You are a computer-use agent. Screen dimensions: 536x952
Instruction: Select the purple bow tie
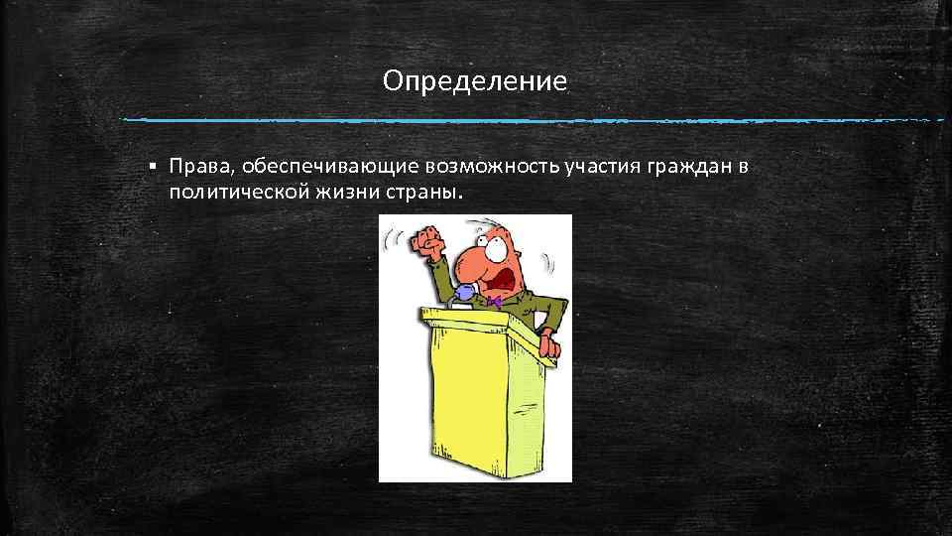[493, 300]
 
